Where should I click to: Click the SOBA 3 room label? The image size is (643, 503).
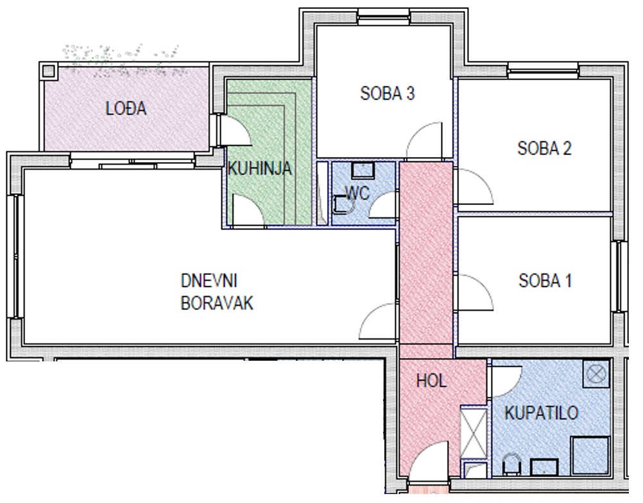388,94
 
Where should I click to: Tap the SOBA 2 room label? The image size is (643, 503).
545,148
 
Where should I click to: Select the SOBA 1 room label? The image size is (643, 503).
545,281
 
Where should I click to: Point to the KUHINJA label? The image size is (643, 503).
260,169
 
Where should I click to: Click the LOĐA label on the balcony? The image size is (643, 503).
126,108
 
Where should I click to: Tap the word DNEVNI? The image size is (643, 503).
209,281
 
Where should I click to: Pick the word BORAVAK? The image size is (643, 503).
217,304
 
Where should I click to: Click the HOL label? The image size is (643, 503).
431,381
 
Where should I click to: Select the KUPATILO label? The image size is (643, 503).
542,413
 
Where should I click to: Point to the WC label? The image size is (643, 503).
357,192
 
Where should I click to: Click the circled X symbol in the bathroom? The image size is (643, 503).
596,374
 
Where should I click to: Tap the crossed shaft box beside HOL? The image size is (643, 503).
474,432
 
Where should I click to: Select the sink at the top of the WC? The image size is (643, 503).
363,170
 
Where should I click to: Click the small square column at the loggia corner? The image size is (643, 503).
48,71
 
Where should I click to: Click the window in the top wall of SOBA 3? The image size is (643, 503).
383,17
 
